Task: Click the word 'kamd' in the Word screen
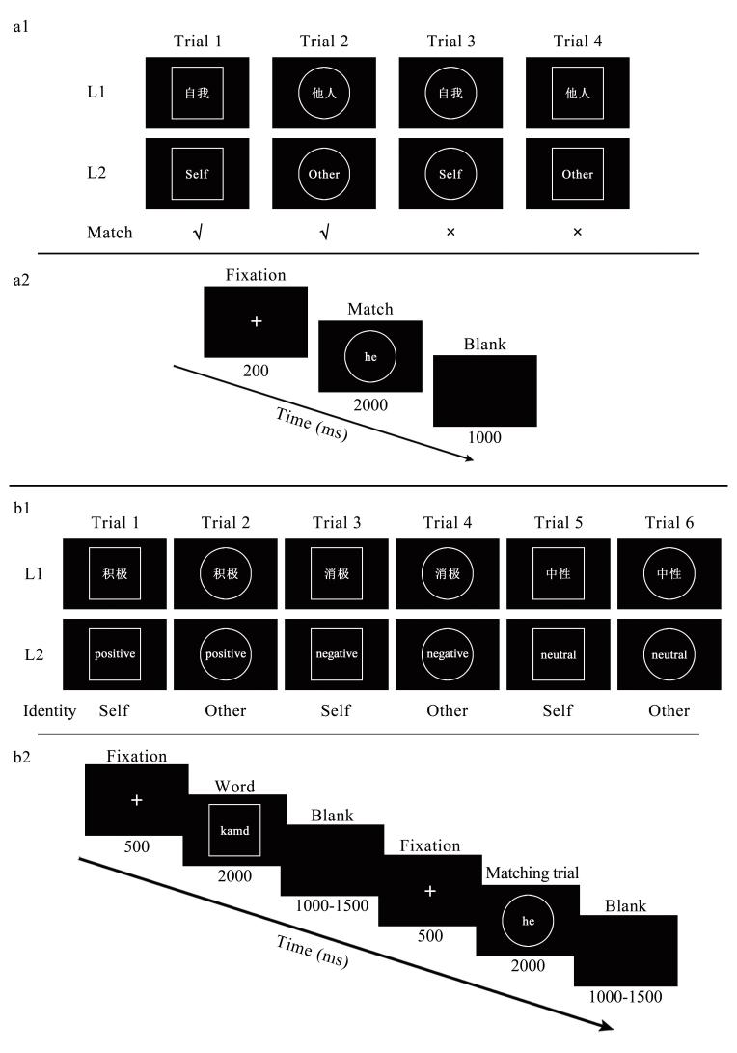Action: point(234,831)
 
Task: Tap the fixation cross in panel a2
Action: point(256,321)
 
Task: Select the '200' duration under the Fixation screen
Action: point(256,371)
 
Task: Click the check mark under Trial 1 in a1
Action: point(198,233)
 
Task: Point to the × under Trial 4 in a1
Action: point(577,233)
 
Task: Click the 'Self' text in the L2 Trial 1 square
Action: point(197,174)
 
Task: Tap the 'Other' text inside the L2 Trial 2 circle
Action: point(323,174)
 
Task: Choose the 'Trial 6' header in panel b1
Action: point(669,522)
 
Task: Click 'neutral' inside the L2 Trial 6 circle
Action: point(669,654)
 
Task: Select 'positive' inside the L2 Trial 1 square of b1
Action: point(115,654)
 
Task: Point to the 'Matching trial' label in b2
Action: point(532,873)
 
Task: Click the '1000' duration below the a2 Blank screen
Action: point(484,438)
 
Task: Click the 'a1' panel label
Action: point(21,27)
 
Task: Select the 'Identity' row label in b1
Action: point(49,710)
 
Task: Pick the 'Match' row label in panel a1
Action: point(110,233)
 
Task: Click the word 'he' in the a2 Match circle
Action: point(370,357)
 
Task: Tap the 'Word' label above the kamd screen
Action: point(235,787)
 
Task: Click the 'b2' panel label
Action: point(21,758)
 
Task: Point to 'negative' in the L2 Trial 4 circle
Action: point(448,654)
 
